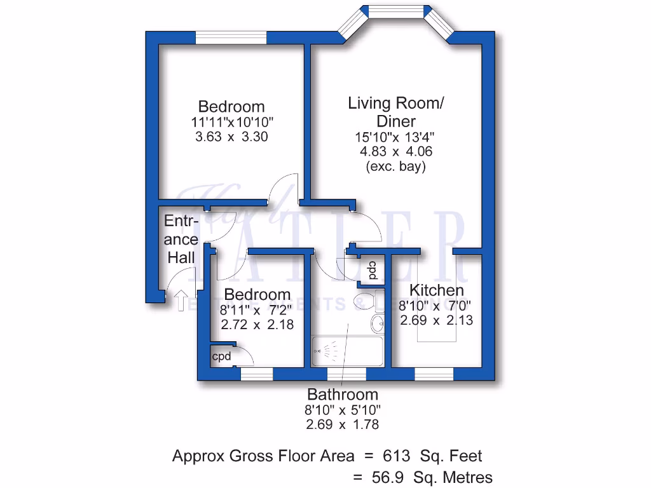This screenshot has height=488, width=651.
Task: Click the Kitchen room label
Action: [436, 290]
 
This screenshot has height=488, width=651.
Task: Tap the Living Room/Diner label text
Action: [395, 112]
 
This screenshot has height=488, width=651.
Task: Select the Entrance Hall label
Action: [181, 240]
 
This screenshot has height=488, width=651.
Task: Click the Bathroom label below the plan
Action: [343, 394]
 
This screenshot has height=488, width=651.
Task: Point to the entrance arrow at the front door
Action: [180, 297]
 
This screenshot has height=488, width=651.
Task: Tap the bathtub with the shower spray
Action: [346, 351]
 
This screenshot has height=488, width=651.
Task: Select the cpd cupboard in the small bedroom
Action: [222, 356]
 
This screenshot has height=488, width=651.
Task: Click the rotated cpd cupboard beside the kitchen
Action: [372, 271]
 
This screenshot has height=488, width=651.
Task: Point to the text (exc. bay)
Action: [395, 167]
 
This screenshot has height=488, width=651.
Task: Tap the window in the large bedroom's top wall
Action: [230, 38]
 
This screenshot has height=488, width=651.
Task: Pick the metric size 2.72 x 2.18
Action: [257, 324]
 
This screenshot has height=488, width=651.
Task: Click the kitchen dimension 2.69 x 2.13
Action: [436, 320]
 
